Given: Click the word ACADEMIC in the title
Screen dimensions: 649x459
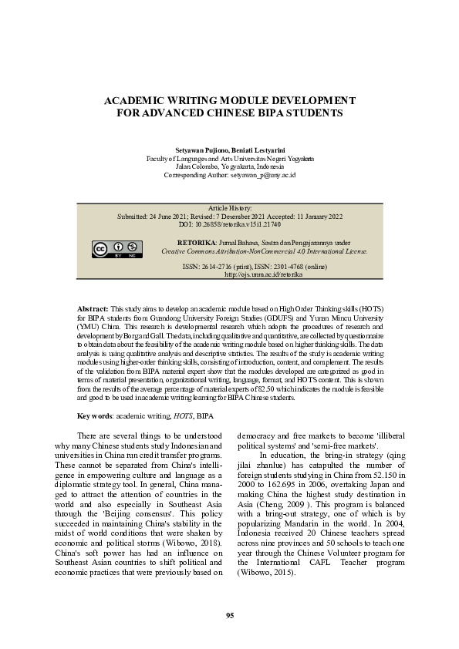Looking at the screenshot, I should coord(137,100).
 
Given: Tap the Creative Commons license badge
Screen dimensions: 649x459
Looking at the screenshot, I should coord(118,248).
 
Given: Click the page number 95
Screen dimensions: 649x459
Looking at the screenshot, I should coord(229,614).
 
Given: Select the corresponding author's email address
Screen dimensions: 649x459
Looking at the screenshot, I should coord(264,175).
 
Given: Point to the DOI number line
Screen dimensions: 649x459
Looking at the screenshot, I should coord(230,224).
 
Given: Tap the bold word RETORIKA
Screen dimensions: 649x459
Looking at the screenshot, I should coord(194,242).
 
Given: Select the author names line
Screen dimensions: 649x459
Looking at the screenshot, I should coord(230,149).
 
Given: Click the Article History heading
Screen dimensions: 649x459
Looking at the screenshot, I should coord(230,208).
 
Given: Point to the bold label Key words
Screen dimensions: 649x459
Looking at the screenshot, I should coord(95,416).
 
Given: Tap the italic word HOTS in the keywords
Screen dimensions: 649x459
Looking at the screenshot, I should coord(183,416).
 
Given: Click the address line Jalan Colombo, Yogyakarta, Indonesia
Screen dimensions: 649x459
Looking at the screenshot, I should coord(230,166).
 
